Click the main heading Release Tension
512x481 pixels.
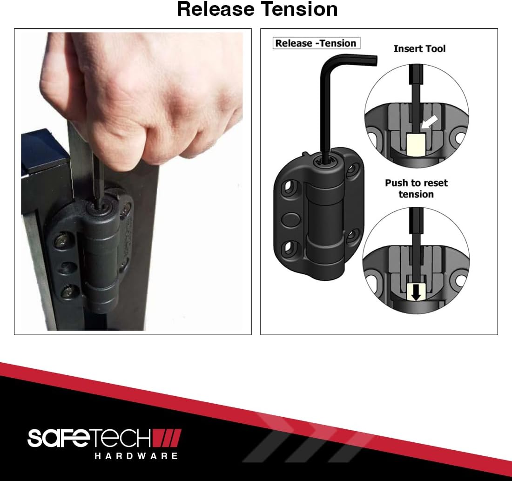coord(257,9)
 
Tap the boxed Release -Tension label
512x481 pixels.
coord(316,43)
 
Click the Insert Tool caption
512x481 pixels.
coord(419,49)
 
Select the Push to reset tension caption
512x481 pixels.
coord(416,189)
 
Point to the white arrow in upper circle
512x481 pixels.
coord(429,123)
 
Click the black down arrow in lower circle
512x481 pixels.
coord(416,293)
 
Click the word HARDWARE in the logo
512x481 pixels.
coord(136,456)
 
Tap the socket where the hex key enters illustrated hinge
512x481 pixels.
coord(325,161)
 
